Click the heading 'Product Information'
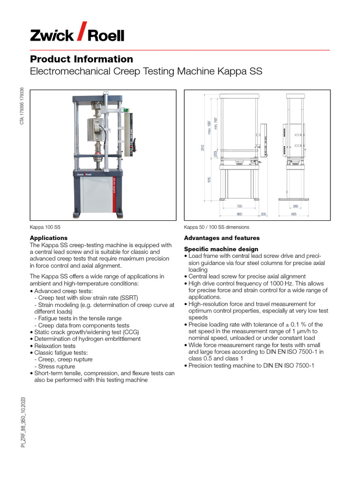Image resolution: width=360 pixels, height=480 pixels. [x=82, y=59]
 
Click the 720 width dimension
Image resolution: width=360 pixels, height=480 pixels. [x=239, y=206]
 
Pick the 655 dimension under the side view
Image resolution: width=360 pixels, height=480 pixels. [x=294, y=214]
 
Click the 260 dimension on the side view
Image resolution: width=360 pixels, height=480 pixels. [x=295, y=206]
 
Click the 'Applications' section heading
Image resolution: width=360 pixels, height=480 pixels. [x=49, y=238]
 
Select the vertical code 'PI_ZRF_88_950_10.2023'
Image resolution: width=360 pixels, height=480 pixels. [x=22, y=422]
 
